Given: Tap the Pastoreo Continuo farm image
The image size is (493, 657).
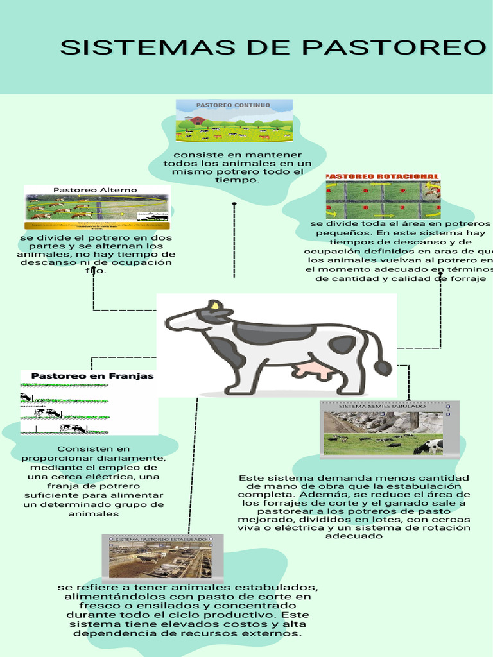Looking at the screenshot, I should click(x=234, y=121).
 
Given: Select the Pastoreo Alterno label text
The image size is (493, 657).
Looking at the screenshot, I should click(x=95, y=190).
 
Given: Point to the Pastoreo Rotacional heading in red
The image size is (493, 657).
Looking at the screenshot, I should click(x=383, y=176).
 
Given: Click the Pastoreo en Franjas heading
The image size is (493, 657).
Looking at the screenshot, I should click(x=92, y=376).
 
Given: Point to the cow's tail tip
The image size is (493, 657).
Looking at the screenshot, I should click(x=383, y=368).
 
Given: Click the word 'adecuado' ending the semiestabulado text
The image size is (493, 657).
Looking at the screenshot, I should click(x=354, y=536).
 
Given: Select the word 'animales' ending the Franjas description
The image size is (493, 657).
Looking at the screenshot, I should click(x=93, y=513).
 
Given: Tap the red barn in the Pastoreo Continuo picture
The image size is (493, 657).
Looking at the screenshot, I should click(x=197, y=120).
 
